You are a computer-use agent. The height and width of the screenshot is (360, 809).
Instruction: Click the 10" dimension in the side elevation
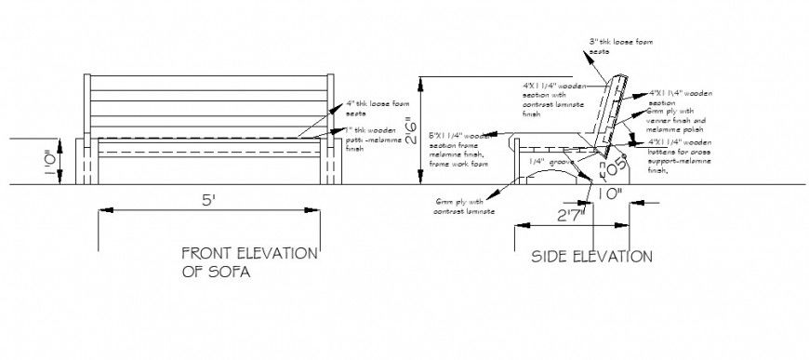[610, 194]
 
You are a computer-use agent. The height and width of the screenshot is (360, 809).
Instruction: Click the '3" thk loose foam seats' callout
[613, 46]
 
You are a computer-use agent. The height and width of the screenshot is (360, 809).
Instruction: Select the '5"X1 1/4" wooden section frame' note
[459, 150]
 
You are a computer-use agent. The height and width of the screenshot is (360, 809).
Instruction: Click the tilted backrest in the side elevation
[614, 112]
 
